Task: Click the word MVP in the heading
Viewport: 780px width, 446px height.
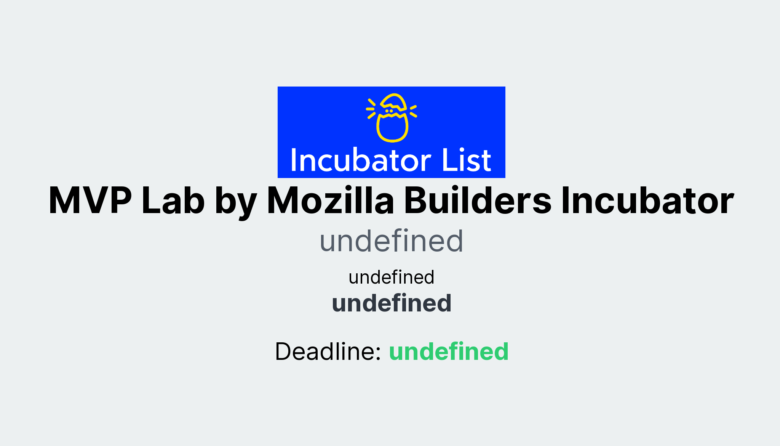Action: click(90, 201)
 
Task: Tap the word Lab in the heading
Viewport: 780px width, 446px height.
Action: click(173, 201)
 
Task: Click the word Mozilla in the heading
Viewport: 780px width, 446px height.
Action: click(330, 201)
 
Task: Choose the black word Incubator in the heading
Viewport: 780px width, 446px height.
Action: click(647, 201)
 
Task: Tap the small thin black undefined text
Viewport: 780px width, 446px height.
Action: click(391, 277)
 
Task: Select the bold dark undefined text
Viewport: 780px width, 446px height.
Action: click(392, 303)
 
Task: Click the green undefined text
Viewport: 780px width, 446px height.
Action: click(449, 351)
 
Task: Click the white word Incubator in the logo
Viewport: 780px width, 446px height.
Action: click(360, 160)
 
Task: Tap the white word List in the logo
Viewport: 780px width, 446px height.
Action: click(466, 160)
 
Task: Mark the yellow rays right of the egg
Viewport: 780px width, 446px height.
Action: click(413, 111)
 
